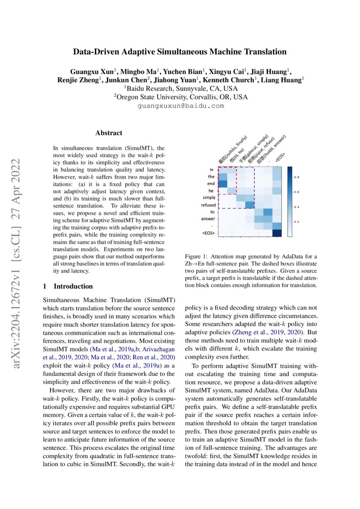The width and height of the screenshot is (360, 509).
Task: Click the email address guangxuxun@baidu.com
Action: (x=180, y=106)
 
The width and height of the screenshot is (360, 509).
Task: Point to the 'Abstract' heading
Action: (x=109, y=133)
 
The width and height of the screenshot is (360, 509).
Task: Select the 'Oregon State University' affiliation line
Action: (x=180, y=97)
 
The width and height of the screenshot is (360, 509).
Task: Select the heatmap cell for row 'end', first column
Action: (x=222, y=184)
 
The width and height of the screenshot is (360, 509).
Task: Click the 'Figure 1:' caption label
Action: (x=197, y=256)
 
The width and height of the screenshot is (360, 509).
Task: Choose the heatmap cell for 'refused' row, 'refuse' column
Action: (x=249, y=205)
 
